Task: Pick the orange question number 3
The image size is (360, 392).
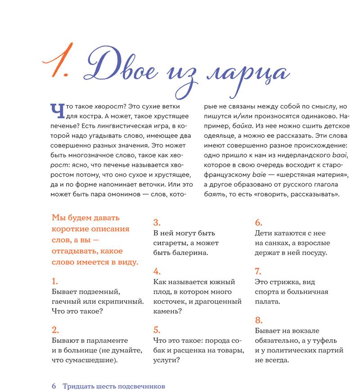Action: coord(157,222)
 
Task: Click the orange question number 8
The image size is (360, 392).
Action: coord(258,320)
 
